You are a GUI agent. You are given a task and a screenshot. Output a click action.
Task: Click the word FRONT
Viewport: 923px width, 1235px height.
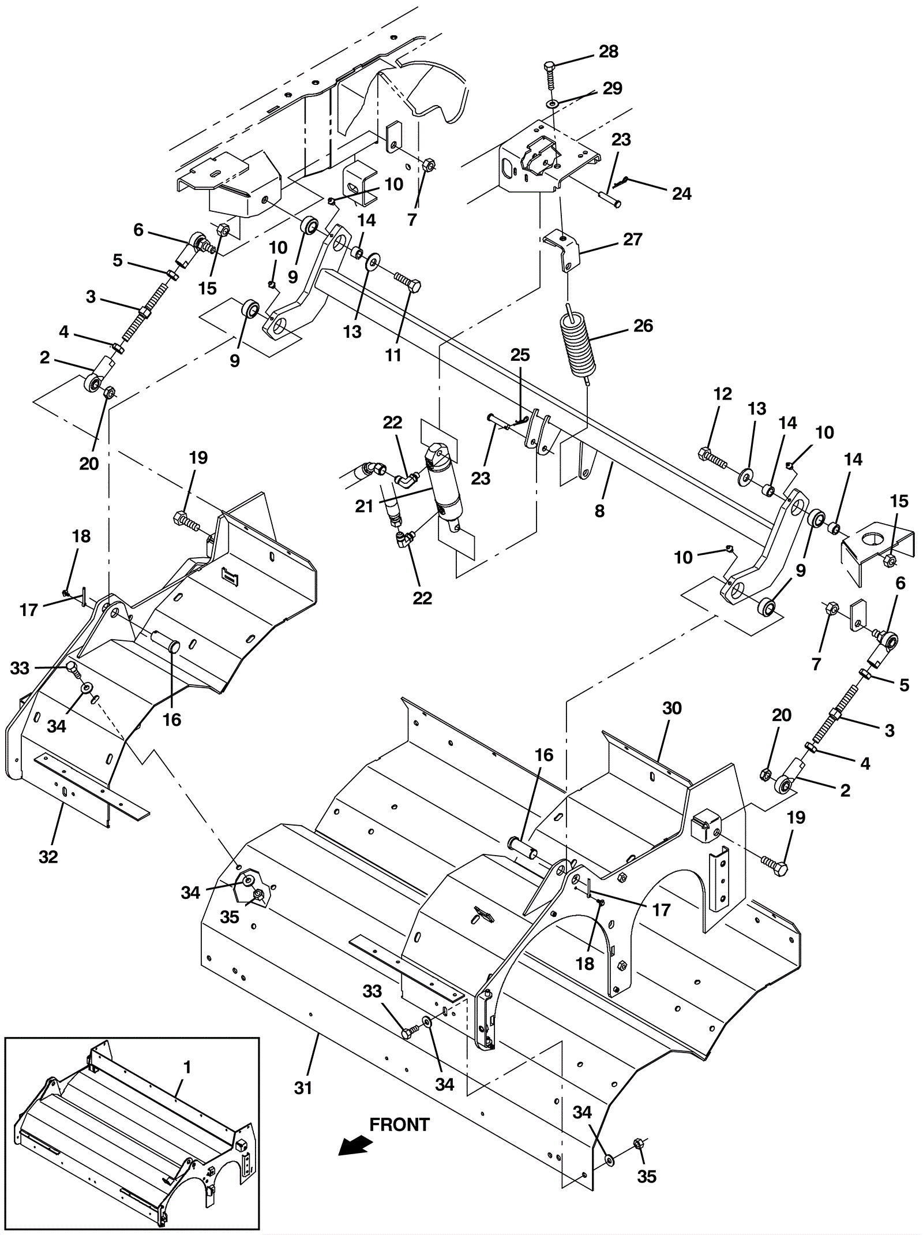tap(399, 1124)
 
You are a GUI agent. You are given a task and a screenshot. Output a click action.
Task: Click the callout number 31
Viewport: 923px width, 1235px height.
tap(303, 1088)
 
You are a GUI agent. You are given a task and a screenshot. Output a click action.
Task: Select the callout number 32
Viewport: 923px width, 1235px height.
tap(48, 857)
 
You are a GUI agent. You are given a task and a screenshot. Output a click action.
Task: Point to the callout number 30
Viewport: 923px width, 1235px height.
tap(672, 708)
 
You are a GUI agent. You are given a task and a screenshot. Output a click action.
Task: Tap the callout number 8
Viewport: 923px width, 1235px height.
tap(600, 510)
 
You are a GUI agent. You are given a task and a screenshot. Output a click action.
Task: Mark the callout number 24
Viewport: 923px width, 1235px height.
tap(682, 193)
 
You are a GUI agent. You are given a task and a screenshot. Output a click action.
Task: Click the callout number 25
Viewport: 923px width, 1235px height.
tap(520, 355)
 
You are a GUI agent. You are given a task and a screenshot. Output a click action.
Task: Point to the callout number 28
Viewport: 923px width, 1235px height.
tap(609, 51)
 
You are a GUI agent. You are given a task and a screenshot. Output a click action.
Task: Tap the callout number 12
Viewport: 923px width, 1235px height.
tap(722, 394)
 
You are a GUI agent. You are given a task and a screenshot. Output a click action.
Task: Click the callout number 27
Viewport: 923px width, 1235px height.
tap(633, 239)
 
